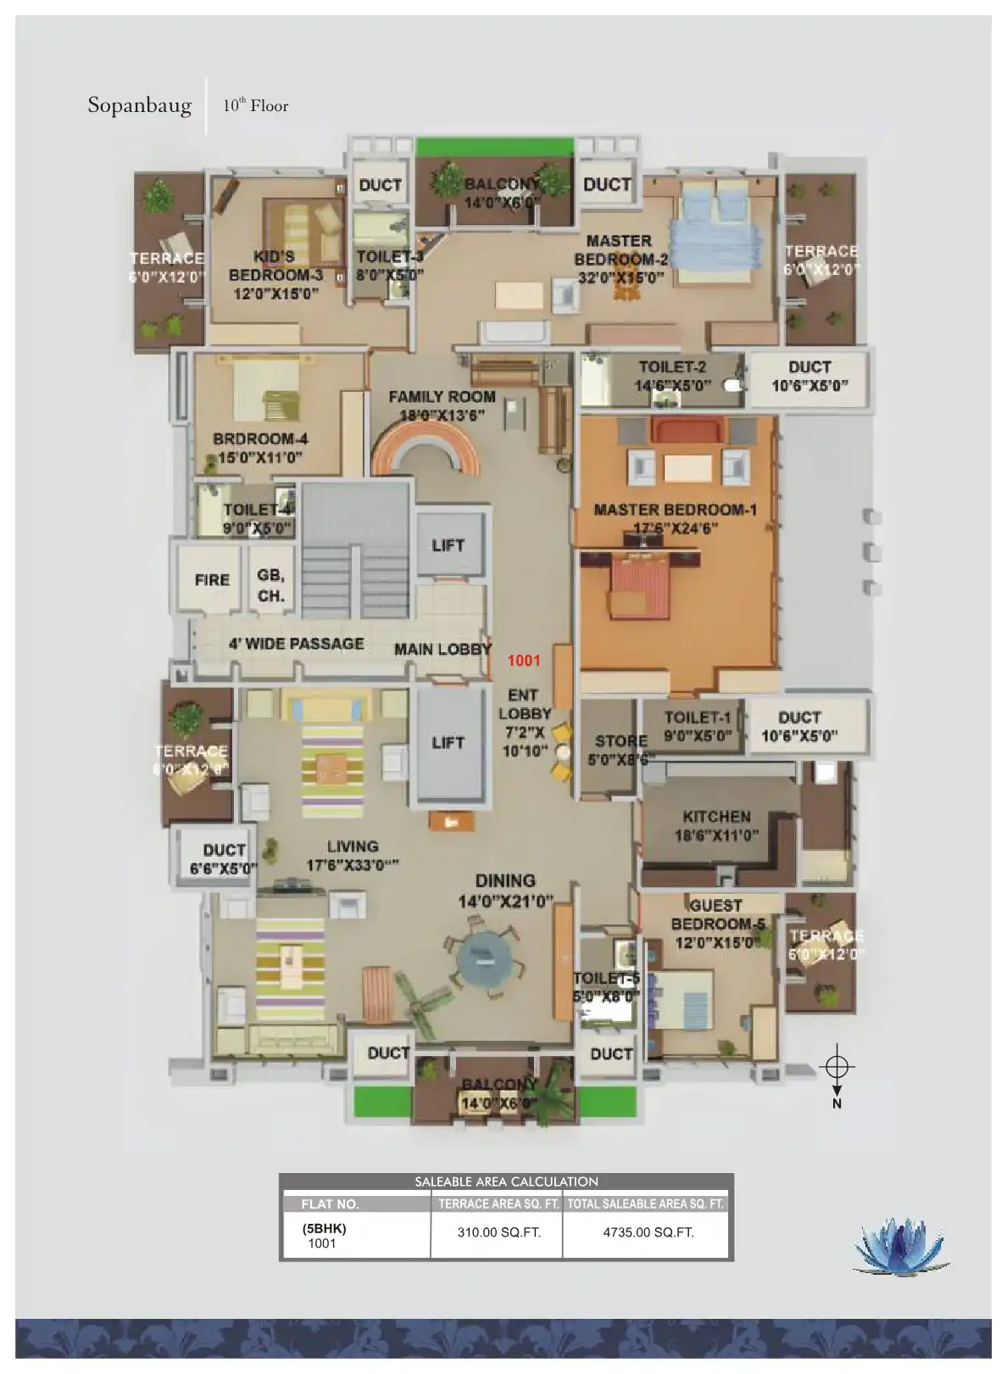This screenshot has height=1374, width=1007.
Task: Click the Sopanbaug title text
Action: click(140, 106)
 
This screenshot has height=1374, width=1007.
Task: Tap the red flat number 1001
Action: click(524, 660)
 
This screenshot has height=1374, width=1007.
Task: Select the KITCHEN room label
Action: click(717, 817)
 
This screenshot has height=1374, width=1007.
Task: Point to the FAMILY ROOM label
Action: click(442, 397)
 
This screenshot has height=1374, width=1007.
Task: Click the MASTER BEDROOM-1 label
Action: click(675, 510)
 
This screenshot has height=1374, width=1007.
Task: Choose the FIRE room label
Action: click(212, 580)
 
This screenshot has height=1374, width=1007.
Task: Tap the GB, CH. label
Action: click(271, 585)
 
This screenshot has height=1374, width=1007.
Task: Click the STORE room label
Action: click(620, 740)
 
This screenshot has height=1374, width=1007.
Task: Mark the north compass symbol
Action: click(837, 1067)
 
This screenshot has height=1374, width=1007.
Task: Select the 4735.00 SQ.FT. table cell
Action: click(648, 1232)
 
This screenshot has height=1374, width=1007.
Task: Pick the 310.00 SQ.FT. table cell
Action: click(498, 1232)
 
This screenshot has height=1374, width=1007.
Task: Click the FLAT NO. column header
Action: click(330, 1204)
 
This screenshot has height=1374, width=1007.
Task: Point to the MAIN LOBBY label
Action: click(442, 650)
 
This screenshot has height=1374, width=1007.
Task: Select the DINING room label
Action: click(505, 881)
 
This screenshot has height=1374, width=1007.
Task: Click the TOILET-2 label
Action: click(672, 367)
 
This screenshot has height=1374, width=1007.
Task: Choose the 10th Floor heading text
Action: click(256, 106)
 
